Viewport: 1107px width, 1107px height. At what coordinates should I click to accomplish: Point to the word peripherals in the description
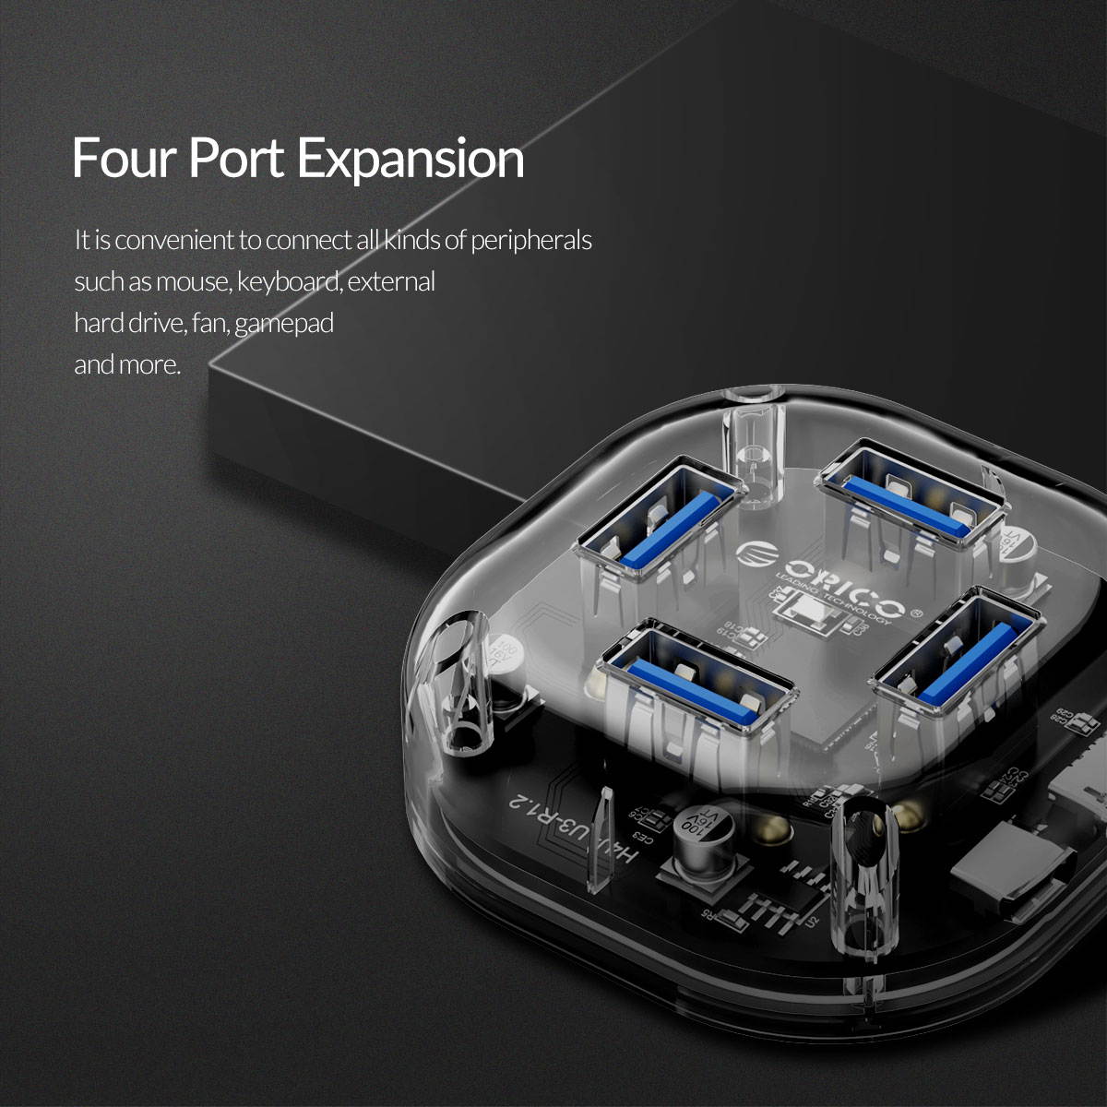pos(530,241)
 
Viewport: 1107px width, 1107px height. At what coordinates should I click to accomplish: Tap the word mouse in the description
pos(192,282)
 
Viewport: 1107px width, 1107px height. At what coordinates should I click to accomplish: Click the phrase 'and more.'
pos(126,364)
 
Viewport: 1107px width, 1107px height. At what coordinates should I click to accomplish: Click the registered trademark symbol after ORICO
pos(916,612)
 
